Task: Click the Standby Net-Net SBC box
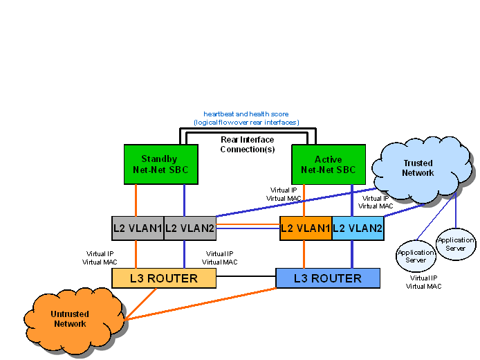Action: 159,164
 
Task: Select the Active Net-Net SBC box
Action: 329,164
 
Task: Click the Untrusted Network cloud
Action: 69,319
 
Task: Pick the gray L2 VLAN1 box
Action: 137,228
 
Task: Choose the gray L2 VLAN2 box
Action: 190,228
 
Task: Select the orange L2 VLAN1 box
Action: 305,228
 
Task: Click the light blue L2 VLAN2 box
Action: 358,228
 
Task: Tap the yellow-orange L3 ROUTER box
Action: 164,278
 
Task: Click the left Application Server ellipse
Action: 415,256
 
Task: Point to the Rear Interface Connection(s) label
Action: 247,144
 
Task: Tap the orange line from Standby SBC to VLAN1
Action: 136,200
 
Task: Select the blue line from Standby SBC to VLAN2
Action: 184,200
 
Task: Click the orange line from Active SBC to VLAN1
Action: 304,200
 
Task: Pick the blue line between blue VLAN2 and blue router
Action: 353,254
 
